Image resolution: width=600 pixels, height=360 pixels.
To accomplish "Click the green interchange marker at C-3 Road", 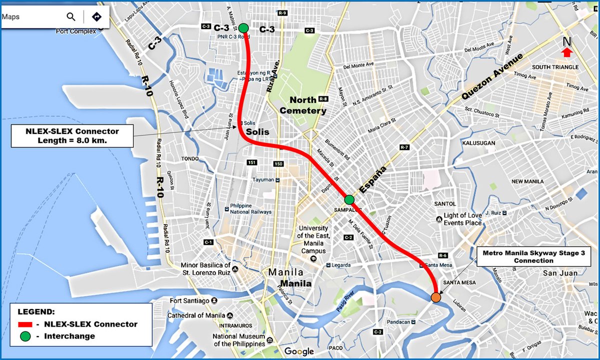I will coord(243,28).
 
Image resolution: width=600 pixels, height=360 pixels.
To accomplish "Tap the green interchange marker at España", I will coord(349,199).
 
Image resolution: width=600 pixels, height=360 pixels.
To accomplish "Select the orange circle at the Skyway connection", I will coord(436,297).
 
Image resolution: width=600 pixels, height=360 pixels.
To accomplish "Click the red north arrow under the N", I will coord(566,52).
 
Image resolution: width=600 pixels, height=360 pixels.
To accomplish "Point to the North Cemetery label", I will coord(303,105).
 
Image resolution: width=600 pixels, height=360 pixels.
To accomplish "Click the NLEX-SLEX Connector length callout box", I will coord(72,135).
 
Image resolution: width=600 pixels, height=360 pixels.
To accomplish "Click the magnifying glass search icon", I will coord(71,17).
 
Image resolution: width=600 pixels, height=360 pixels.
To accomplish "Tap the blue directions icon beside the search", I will coord(96,17).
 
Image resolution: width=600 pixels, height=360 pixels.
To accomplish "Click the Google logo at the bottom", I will coord(299,351).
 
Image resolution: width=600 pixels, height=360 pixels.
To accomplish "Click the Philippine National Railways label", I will coord(250,209).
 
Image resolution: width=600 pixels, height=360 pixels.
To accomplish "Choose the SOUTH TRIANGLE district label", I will coord(555,67).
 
